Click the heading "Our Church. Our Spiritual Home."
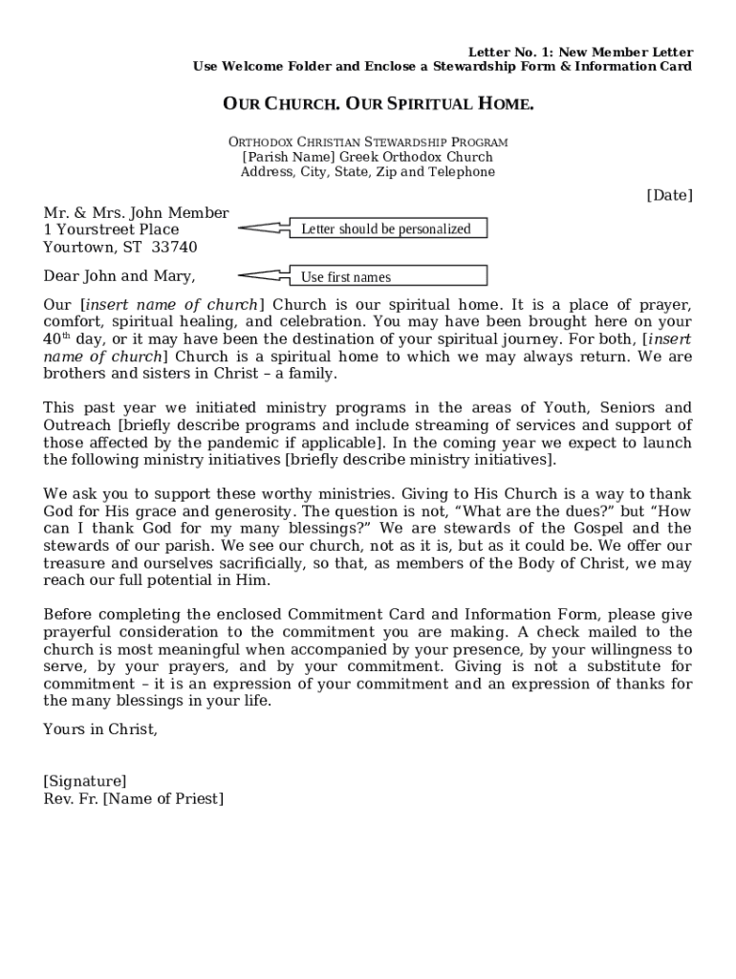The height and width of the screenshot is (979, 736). pos(378,103)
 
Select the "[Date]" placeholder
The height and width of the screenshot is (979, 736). pos(669,195)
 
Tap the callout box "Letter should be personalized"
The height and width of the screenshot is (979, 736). pos(386,228)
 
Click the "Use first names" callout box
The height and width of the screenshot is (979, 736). pos(386,277)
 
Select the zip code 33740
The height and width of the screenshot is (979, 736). pos(175,247)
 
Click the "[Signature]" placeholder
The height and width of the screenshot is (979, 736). pos(84,781)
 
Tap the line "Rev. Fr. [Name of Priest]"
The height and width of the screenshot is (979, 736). pos(133,798)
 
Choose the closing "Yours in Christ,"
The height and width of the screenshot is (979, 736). pos(100,729)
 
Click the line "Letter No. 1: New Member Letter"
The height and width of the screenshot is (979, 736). pos(580,52)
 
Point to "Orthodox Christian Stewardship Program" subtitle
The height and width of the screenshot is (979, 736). pos(368,141)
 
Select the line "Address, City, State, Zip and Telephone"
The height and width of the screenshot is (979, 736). pos(368,172)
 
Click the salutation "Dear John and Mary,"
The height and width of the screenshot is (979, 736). pos(119,276)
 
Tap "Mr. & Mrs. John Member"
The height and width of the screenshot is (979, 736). pos(136,212)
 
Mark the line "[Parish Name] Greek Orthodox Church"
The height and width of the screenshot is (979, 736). pos(368,157)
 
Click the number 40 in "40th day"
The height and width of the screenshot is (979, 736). pos(52,340)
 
